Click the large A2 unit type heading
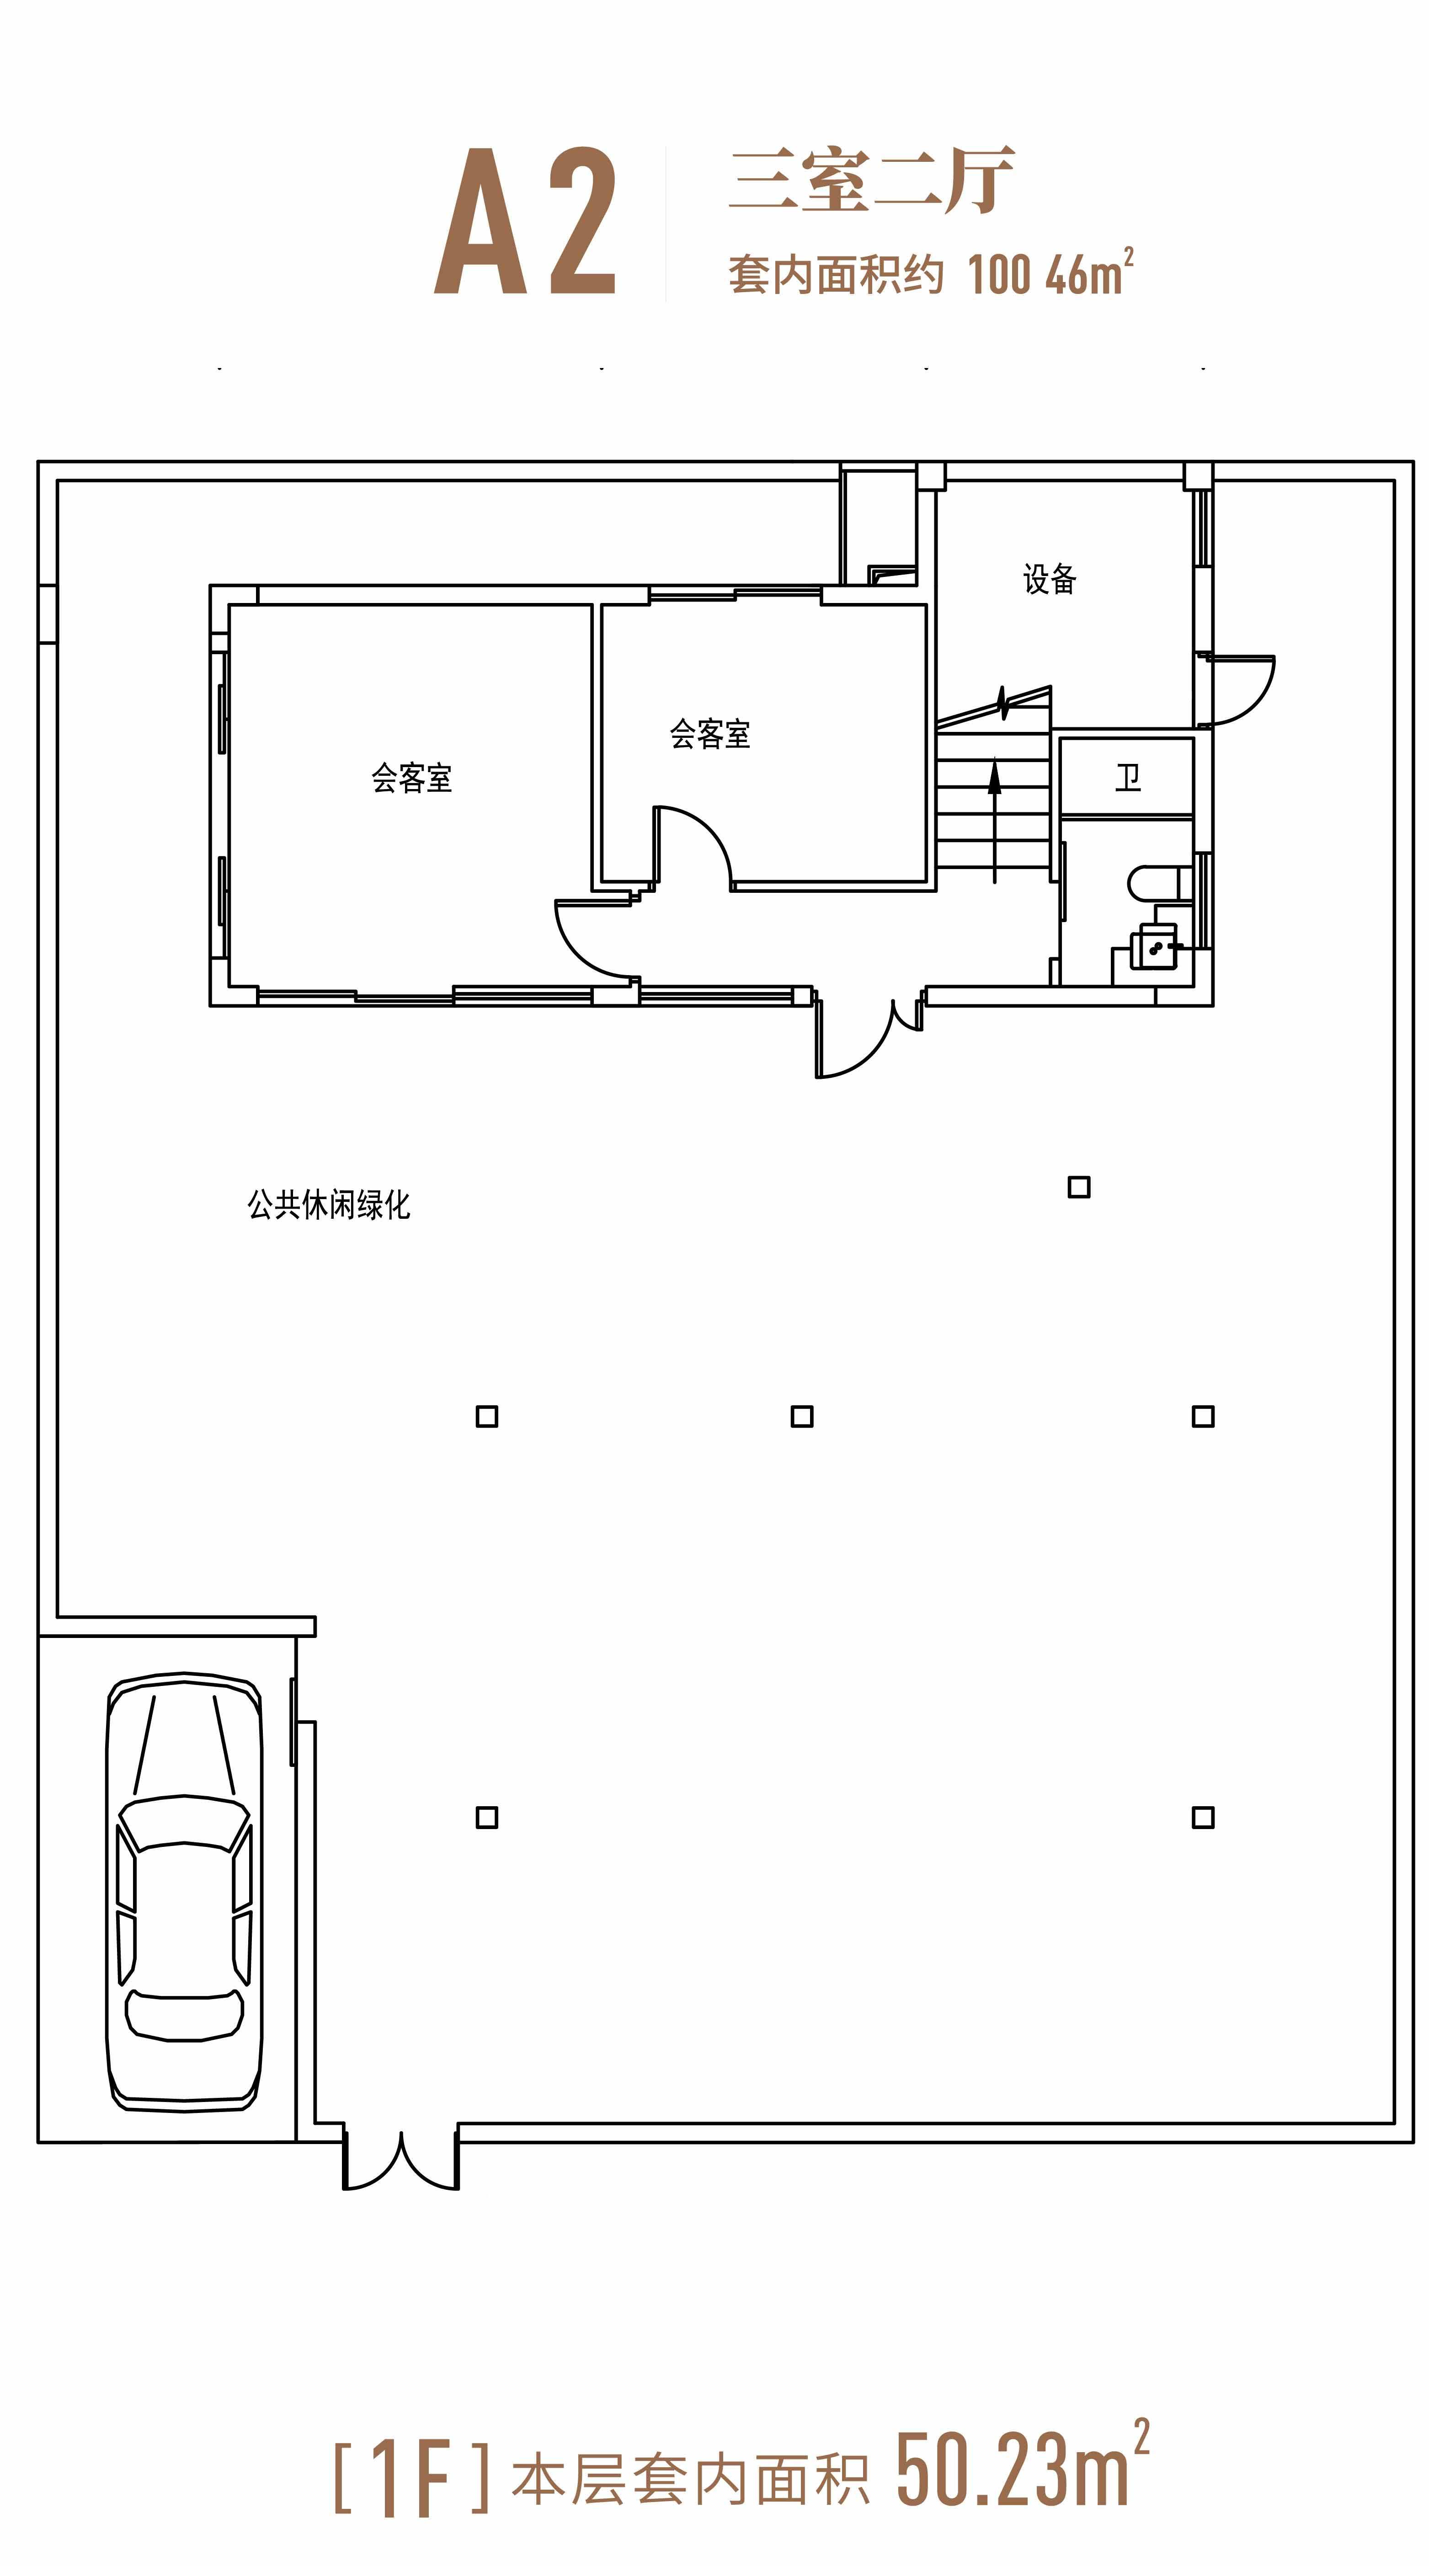525,221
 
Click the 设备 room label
1050,579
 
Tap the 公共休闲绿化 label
329,1206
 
